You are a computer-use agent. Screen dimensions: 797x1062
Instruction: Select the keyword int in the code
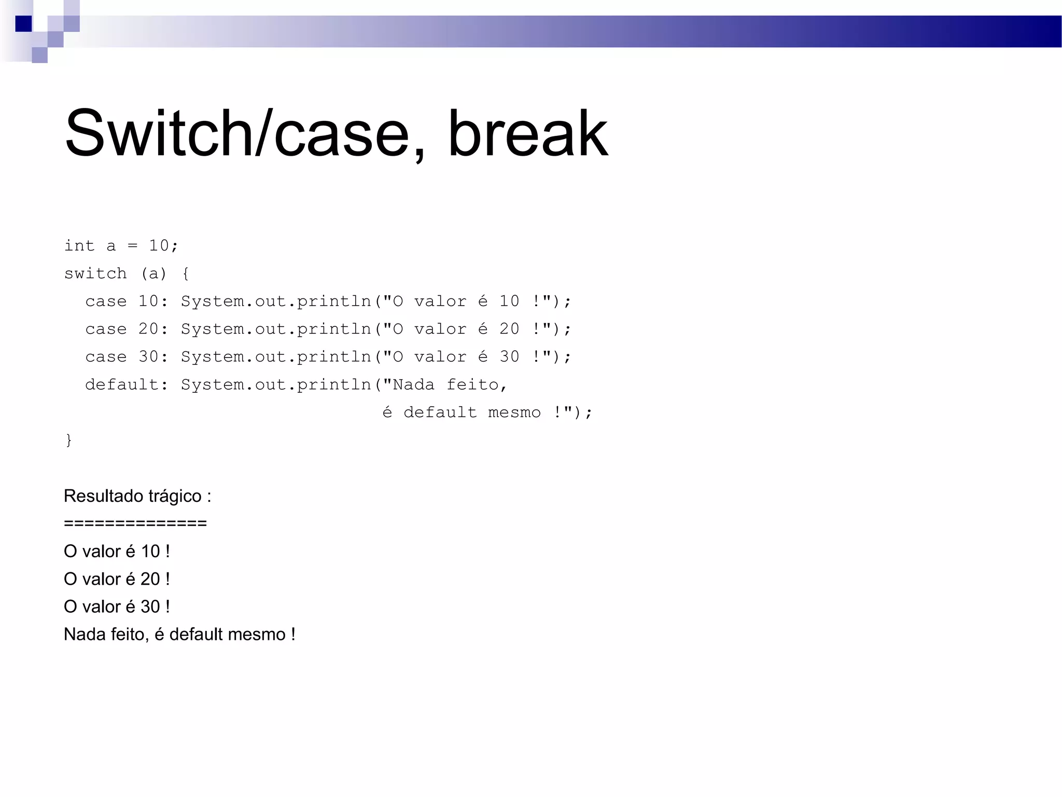pyautogui.click(x=79, y=245)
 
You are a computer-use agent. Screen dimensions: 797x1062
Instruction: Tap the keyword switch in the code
pyautogui.click(x=95, y=273)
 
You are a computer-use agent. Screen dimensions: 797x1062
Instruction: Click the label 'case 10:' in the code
pyautogui.click(x=127, y=301)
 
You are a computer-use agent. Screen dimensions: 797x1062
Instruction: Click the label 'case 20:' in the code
pyautogui.click(x=127, y=329)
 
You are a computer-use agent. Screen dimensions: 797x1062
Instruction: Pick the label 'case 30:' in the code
pyautogui.click(x=127, y=357)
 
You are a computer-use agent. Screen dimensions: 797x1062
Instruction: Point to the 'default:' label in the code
pyautogui.click(x=127, y=384)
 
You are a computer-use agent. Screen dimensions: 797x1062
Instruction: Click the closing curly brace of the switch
pyautogui.click(x=68, y=440)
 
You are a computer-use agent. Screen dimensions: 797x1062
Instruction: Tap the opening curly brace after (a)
pyautogui.click(x=186, y=273)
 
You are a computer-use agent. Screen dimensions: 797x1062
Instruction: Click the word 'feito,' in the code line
pyautogui.click(x=477, y=384)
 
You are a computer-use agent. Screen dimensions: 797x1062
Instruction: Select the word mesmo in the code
pyautogui.click(x=514, y=413)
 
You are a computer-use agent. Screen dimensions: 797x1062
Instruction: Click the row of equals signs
pyautogui.click(x=135, y=523)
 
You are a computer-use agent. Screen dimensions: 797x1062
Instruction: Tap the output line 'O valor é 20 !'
pyautogui.click(x=117, y=579)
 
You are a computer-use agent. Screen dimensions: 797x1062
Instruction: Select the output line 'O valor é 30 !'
pyautogui.click(x=117, y=607)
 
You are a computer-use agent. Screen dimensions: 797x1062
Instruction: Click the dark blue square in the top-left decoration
pyautogui.click(x=23, y=24)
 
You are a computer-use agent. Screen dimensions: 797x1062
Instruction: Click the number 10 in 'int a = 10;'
pyautogui.click(x=159, y=245)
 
